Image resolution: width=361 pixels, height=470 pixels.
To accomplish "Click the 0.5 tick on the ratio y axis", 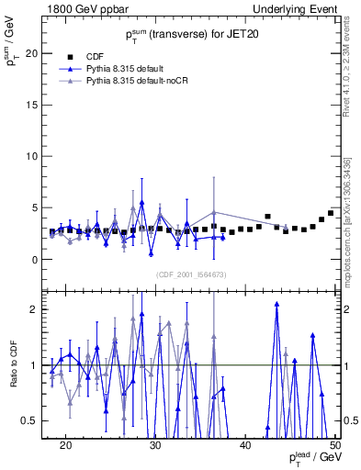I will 31,420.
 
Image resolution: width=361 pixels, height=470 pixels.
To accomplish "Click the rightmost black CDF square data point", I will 331,213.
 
